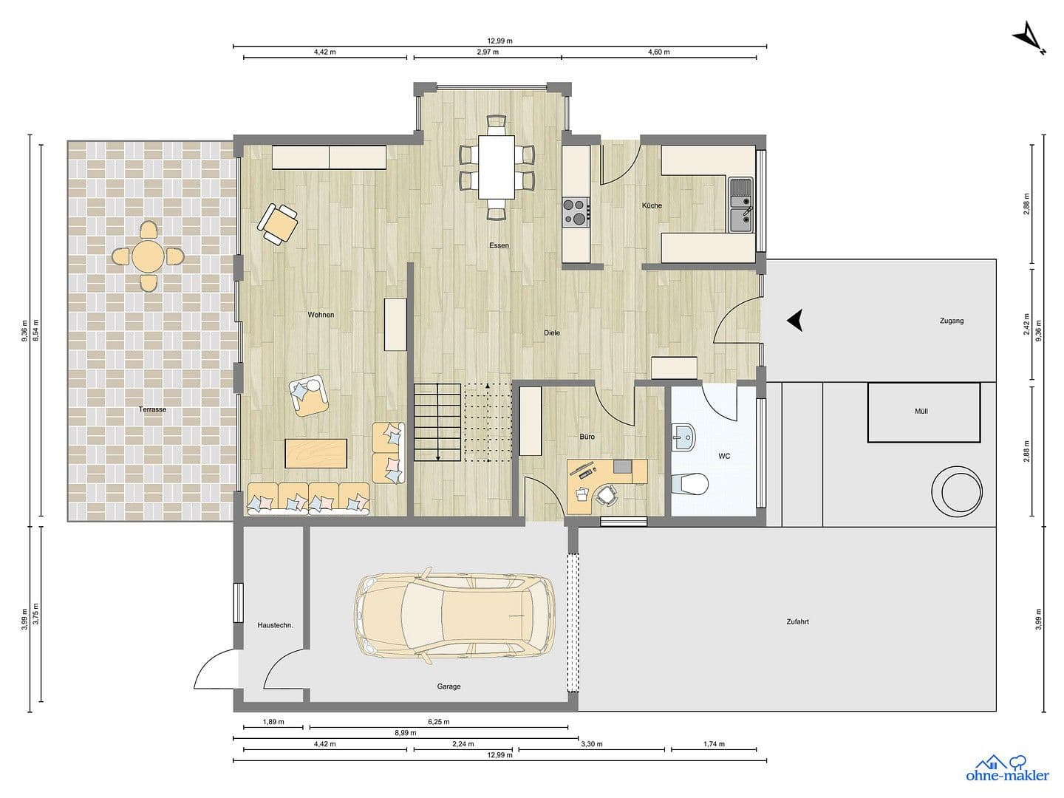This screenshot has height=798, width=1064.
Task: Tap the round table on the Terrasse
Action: point(148,256)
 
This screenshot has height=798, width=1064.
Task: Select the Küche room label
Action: point(652,205)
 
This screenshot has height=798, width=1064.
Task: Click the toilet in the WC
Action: point(691,484)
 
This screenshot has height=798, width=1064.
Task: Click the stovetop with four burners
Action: point(576,211)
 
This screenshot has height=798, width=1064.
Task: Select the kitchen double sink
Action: point(740,205)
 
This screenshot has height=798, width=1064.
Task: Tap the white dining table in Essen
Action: point(496,166)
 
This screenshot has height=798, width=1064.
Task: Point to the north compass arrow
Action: point(1029,38)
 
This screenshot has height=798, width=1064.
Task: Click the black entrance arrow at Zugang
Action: point(794,320)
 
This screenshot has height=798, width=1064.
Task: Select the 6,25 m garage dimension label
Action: point(438,722)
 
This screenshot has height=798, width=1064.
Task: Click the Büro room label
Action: point(587,437)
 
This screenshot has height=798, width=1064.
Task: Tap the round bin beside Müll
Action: point(956,489)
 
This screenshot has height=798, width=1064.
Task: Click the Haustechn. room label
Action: point(275,625)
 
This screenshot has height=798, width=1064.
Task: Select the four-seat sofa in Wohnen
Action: point(308,499)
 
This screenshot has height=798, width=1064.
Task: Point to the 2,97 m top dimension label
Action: point(488,52)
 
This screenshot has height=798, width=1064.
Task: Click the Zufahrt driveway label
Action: point(798,621)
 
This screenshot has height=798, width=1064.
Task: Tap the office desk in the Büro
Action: point(606,473)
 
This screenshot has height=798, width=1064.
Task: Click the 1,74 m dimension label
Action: point(714,744)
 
